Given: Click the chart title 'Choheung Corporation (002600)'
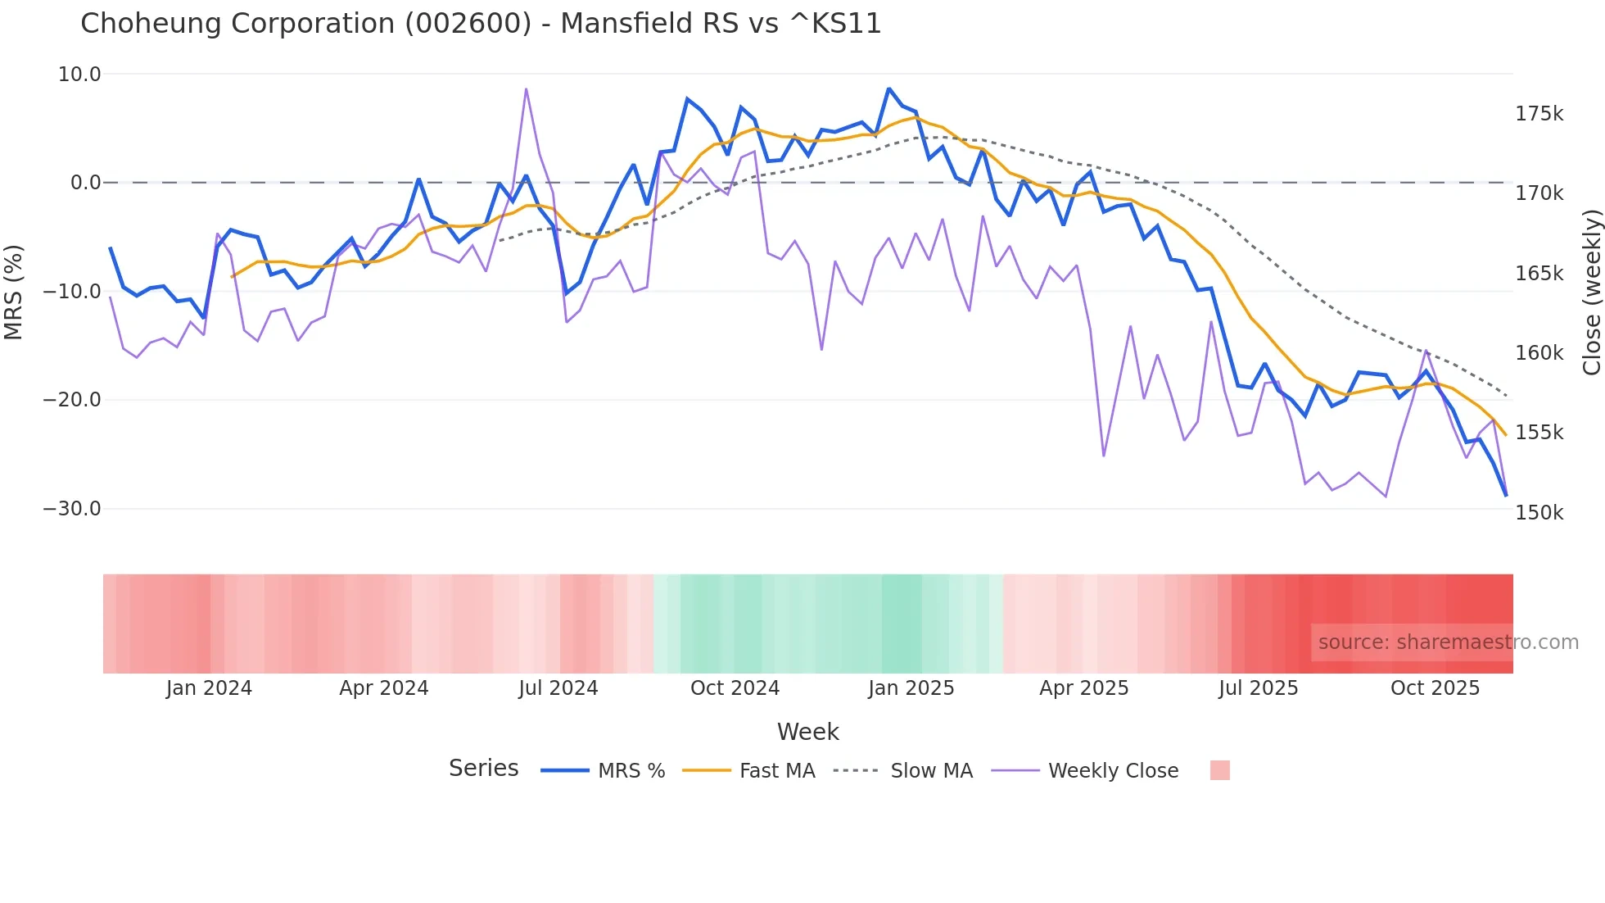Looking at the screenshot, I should [x=481, y=24].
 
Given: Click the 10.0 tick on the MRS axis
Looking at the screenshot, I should [x=79, y=75].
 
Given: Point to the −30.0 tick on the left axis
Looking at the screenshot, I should [x=72, y=509].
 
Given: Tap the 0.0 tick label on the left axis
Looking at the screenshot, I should [x=85, y=183].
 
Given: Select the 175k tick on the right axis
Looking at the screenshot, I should [x=1539, y=114].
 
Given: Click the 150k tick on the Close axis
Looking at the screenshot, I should [x=1539, y=513].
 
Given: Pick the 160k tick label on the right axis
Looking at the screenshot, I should [x=1539, y=353].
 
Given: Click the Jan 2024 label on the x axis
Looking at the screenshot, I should [x=209, y=688].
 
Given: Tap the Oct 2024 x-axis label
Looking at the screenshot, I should [x=735, y=688].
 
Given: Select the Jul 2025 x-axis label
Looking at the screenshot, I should [x=1258, y=688].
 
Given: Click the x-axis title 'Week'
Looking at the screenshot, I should [x=807, y=732].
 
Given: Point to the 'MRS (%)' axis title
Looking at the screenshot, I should [x=14, y=292].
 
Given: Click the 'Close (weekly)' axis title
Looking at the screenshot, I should [x=1591, y=292].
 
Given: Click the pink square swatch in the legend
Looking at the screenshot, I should [x=1219, y=770].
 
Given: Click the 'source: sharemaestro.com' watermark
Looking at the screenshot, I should [x=1448, y=642].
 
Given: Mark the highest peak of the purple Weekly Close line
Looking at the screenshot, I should [x=526, y=89].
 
